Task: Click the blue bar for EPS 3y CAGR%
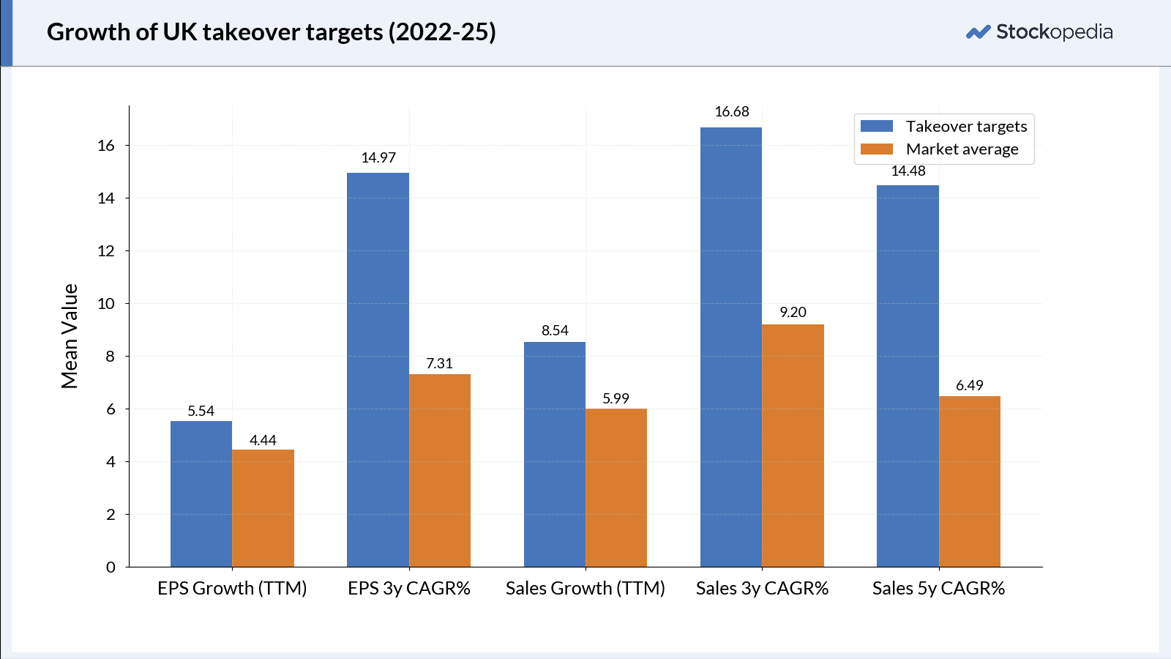click(378, 370)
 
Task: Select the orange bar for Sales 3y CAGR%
click(793, 446)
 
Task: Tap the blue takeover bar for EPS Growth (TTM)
click(201, 494)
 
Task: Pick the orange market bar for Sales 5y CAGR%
click(970, 482)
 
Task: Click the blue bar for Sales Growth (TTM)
click(555, 455)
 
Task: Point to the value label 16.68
click(732, 111)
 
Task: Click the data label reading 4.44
click(263, 440)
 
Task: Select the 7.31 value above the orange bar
click(440, 363)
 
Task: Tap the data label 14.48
click(908, 171)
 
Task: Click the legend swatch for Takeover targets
click(877, 126)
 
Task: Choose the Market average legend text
click(962, 149)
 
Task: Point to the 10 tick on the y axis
click(106, 303)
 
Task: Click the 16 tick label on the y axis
click(106, 146)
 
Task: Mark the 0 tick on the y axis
click(111, 567)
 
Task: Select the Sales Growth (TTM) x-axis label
click(585, 589)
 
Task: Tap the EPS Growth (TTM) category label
click(232, 589)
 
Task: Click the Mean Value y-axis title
click(70, 336)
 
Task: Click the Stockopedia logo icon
click(978, 32)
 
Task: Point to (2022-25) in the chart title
click(442, 32)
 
